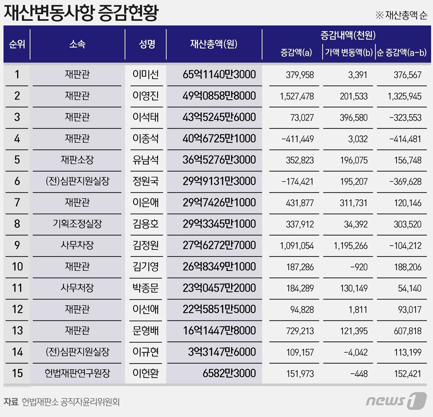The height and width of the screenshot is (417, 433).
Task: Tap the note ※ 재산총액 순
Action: point(401,15)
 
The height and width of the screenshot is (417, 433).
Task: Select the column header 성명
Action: point(147,44)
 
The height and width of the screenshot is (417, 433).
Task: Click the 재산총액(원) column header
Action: point(213,44)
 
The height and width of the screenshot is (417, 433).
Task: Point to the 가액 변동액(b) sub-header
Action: point(349,52)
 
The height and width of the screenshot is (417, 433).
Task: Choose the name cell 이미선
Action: point(145,75)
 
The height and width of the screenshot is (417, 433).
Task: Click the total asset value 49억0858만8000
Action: point(219,96)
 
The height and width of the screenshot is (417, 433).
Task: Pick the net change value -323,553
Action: point(405,118)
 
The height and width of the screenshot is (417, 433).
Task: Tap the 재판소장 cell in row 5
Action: point(77,160)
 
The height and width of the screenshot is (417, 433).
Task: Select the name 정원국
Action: point(145,181)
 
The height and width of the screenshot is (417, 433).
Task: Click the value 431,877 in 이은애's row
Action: point(300,203)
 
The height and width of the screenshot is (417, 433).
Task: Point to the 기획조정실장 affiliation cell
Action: point(77,224)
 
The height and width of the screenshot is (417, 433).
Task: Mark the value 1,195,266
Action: point(350,246)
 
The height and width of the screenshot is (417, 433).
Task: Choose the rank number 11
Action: point(17,288)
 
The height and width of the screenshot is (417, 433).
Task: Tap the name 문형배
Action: point(145,331)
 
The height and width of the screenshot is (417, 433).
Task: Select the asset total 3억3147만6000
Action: point(222,352)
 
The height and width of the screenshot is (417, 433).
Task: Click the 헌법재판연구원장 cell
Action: point(77,373)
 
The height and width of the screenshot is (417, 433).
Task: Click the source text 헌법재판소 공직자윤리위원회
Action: point(71,402)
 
